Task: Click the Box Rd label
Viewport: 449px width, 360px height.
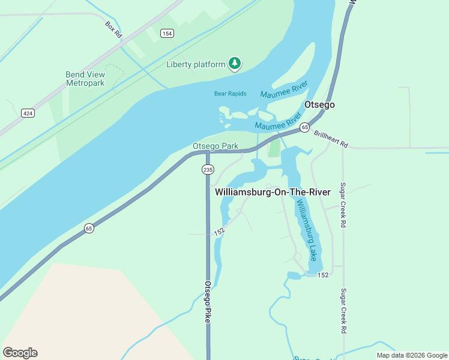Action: click(113, 30)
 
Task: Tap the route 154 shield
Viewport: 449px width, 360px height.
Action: click(166, 34)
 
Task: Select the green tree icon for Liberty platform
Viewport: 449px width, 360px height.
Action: click(235, 64)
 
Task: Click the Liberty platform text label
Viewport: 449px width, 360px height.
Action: click(196, 64)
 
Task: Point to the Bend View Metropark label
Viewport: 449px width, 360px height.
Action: click(85, 79)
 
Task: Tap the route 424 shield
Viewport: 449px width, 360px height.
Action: click(28, 113)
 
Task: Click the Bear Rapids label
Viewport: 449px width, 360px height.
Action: click(231, 94)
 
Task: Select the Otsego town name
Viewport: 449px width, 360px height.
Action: click(319, 104)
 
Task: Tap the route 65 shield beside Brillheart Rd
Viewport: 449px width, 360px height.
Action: click(305, 127)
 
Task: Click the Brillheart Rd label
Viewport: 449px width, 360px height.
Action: click(331, 141)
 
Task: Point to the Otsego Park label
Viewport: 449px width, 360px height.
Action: click(215, 146)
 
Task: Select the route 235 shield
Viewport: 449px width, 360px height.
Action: click(208, 170)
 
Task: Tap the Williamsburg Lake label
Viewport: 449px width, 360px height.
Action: click(306, 231)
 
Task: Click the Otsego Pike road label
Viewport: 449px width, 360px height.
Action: click(208, 302)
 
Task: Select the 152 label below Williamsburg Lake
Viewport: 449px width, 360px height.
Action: click(323, 275)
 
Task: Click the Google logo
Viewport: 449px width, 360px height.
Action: click(20, 353)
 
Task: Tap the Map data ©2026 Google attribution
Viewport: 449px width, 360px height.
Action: click(412, 355)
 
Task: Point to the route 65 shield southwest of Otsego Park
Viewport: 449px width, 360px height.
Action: click(89, 228)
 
